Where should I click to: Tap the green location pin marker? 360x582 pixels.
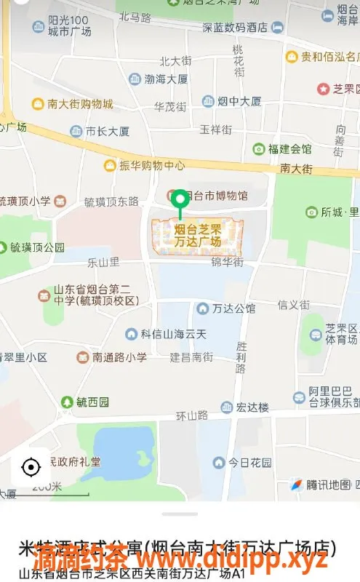coord(180,200)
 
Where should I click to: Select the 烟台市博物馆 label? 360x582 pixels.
coord(216,196)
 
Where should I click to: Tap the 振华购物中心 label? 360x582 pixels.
coord(153,165)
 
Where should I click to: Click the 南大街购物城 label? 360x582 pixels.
coord(80,104)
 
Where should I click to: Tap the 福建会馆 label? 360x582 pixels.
coord(289,148)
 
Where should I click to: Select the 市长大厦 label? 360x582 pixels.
coord(107,132)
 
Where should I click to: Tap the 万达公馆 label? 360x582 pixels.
coord(233,308)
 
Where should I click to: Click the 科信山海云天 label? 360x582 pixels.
coord(174,334)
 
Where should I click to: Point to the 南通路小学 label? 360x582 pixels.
coord(119,357)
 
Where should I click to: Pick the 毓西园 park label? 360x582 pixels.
coord(92,402)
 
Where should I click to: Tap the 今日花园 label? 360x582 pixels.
coord(249,463)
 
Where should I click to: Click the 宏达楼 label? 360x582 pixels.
coord(252,407)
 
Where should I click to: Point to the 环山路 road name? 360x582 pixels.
coord(192,415)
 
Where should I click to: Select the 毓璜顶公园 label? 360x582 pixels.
coord(37,247)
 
